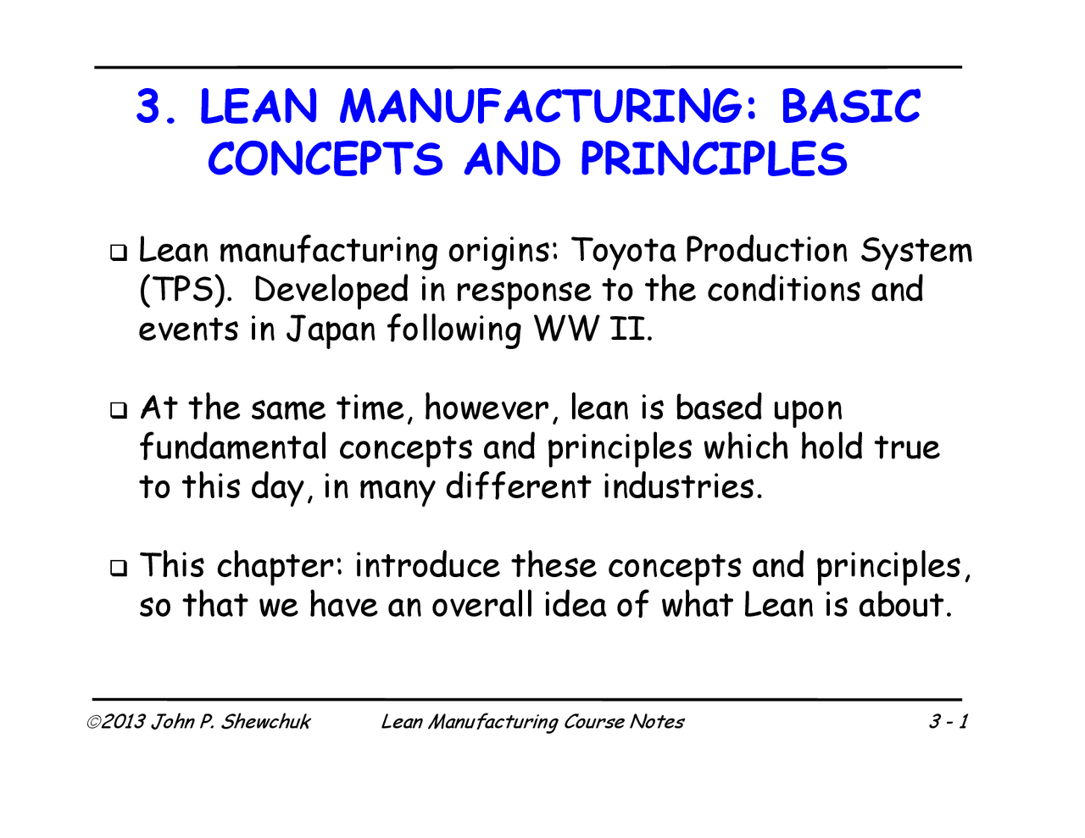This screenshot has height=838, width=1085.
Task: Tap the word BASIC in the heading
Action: pyautogui.click(x=849, y=107)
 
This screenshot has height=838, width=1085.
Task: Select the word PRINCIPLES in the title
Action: pyautogui.click(x=714, y=159)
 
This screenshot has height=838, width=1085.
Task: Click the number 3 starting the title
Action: pyautogui.click(x=149, y=108)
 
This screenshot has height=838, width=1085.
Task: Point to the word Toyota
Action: pyautogui.click(x=624, y=251)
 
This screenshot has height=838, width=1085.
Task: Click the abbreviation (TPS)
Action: pyautogui.click(x=186, y=291)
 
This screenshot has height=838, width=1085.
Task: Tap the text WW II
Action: pyautogui.click(x=593, y=329)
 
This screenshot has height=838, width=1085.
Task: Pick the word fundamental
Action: pyautogui.click(x=233, y=447)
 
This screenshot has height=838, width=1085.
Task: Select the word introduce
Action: pyautogui.click(x=428, y=566)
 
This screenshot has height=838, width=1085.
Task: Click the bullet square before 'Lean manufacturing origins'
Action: pyautogui.click(x=120, y=253)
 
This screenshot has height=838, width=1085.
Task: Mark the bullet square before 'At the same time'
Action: pyautogui.click(x=120, y=410)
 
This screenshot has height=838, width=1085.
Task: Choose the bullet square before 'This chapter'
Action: pyautogui.click(x=120, y=568)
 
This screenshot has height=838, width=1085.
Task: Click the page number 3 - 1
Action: pyautogui.click(x=948, y=722)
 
